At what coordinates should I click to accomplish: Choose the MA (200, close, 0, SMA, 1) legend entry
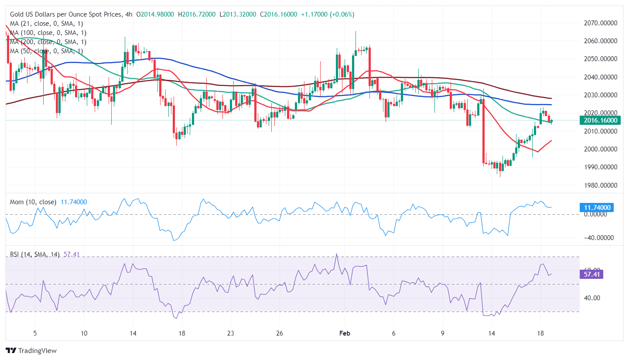click(x=48, y=42)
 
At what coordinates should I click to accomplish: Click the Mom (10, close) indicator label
click(x=33, y=202)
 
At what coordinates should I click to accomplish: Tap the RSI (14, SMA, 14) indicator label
click(x=35, y=254)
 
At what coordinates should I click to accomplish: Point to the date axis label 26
click(x=280, y=333)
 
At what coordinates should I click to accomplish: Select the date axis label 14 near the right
click(x=491, y=333)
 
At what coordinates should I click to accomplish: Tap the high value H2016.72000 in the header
click(x=197, y=14)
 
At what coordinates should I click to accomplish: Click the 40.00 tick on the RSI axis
click(x=594, y=298)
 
